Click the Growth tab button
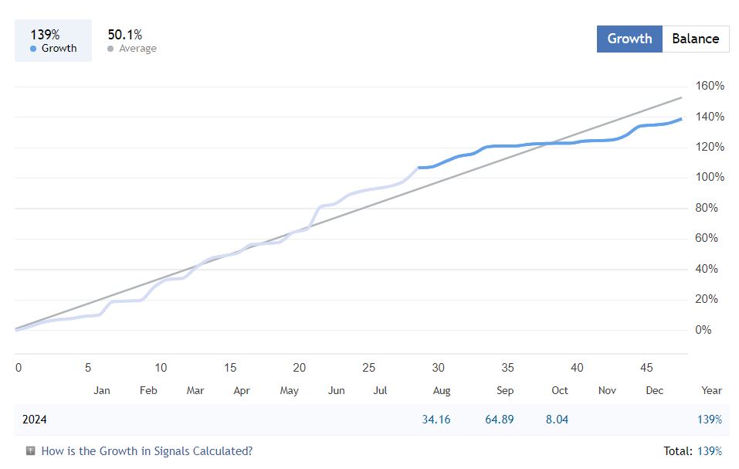[x=629, y=39]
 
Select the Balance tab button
[x=695, y=39]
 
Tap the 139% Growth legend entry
[x=53, y=41]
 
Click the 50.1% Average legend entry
[x=131, y=41]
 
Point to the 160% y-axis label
[x=710, y=86]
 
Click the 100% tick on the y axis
[x=710, y=177]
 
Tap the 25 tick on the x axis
[x=368, y=368]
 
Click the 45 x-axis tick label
[x=647, y=368]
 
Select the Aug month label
[x=442, y=390]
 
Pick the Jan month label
[x=102, y=390]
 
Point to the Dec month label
[x=654, y=390]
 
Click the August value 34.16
[x=436, y=420]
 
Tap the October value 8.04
[x=557, y=420]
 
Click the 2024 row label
[x=35, y=420]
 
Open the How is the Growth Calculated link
[x=146, y=450]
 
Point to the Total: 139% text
[x=693, y=450]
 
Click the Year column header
[x=711, y=390]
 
